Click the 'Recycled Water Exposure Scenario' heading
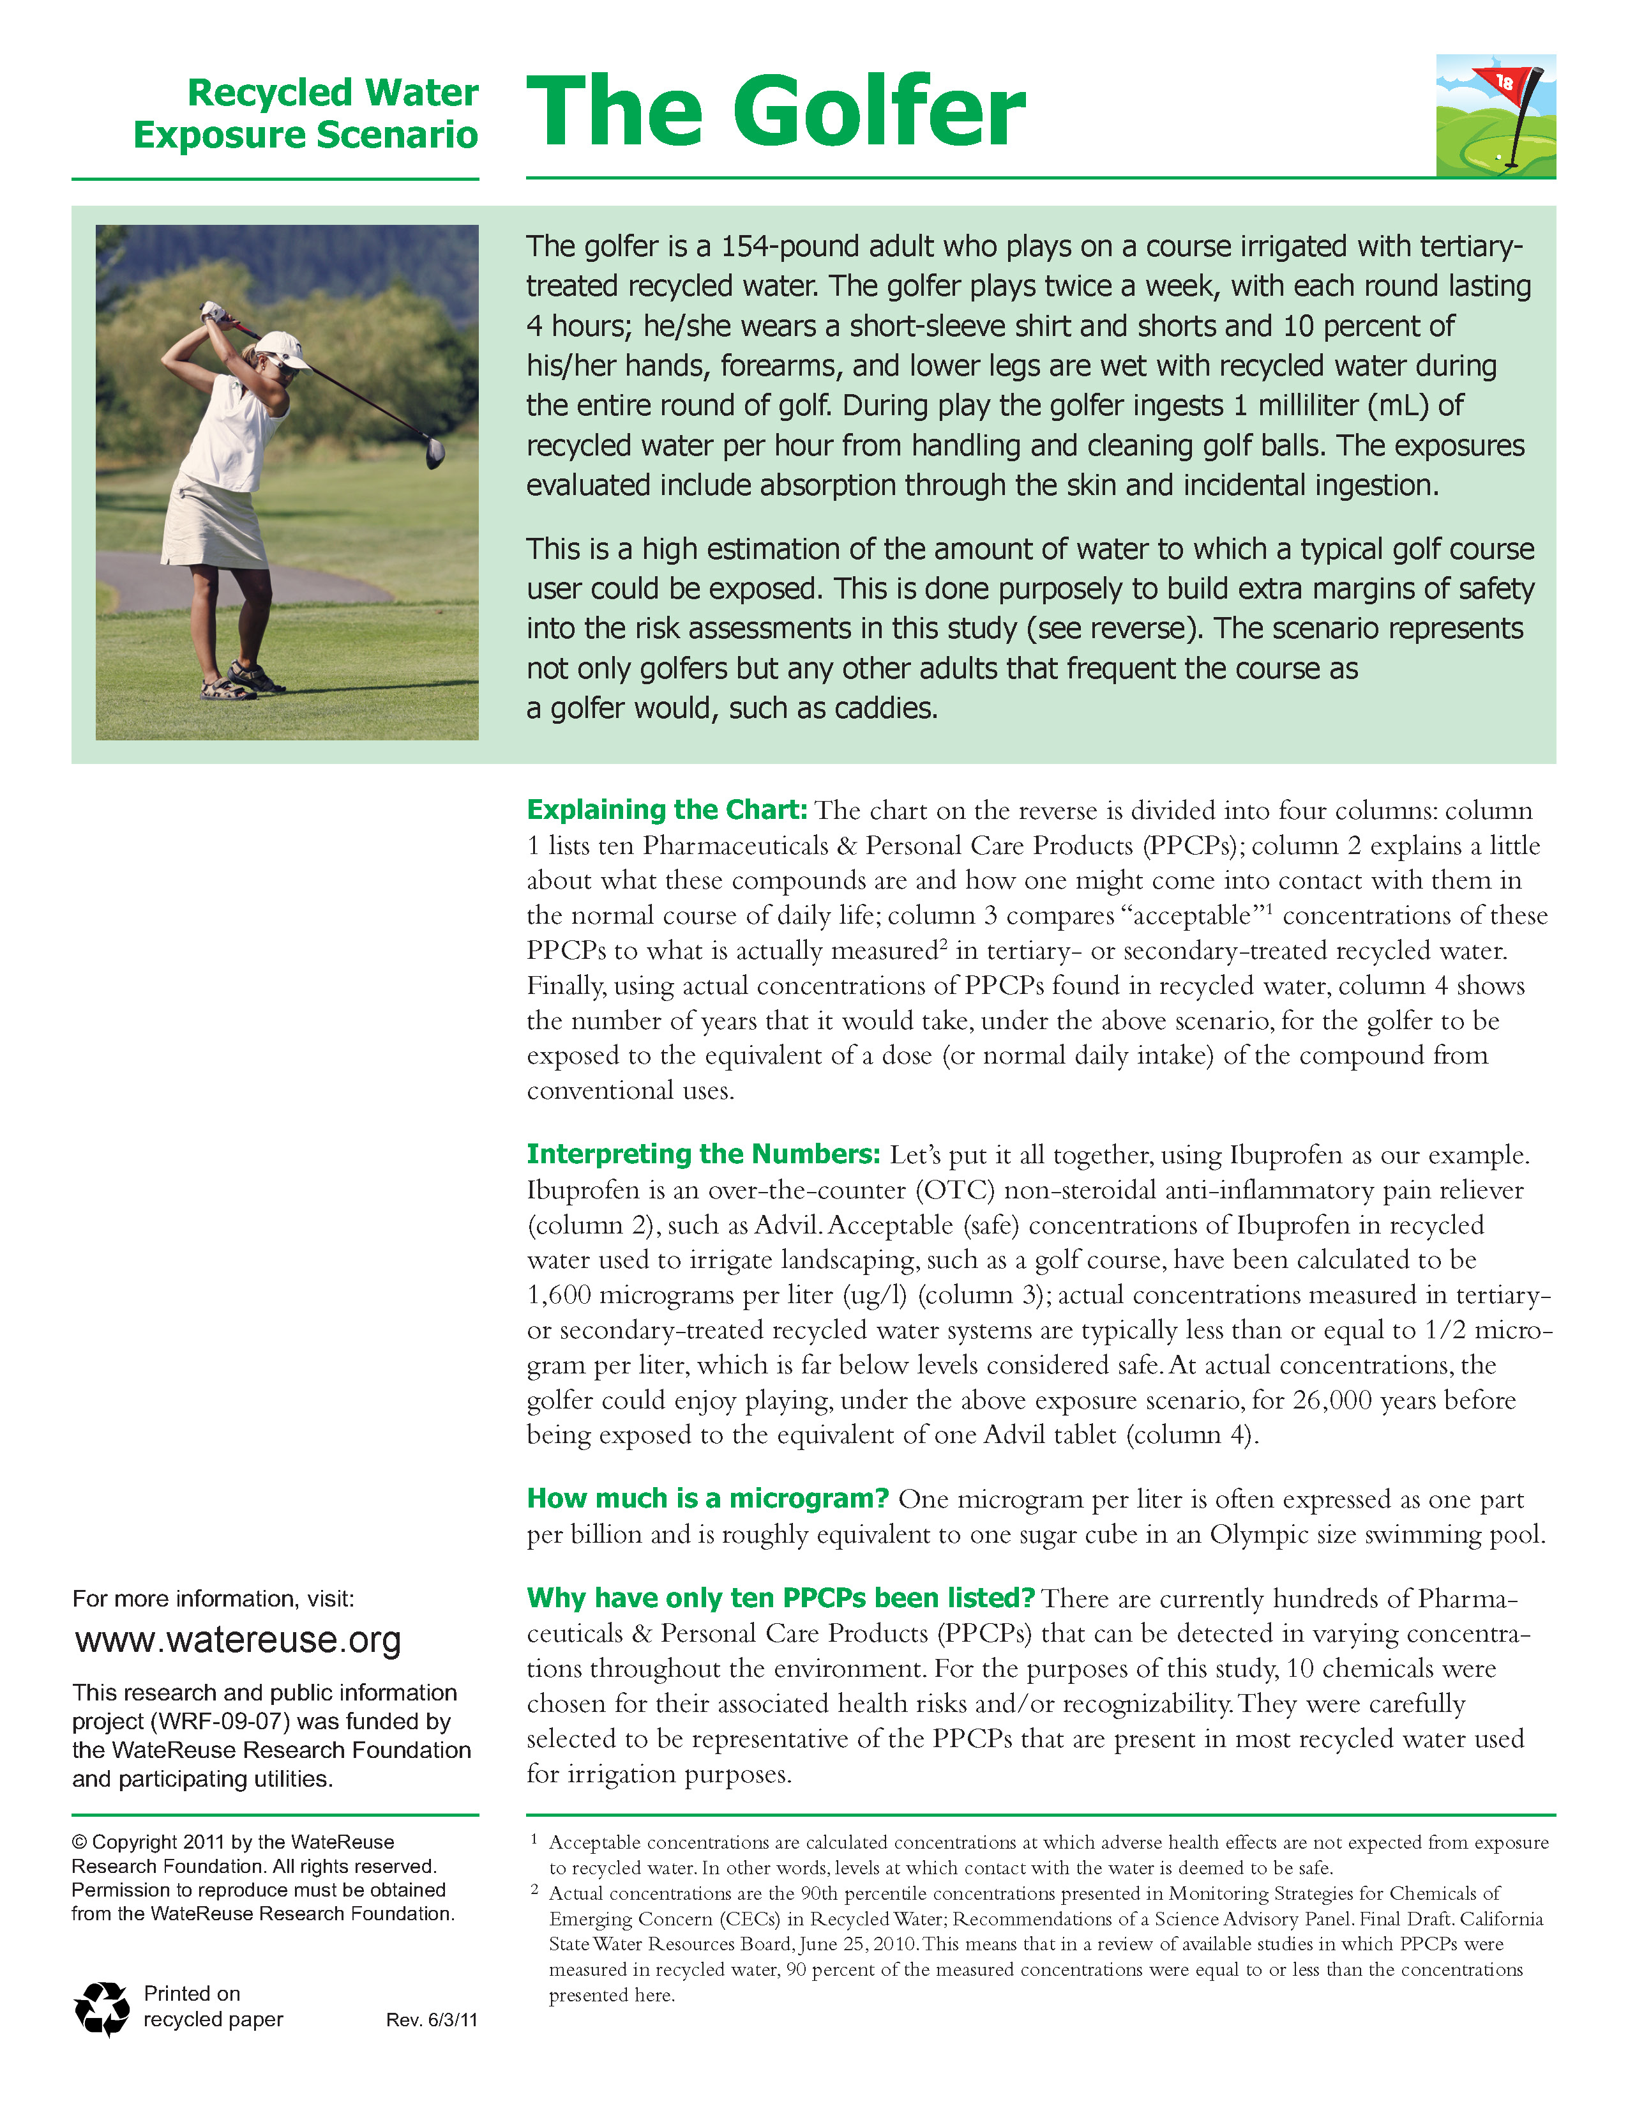(x=306, y=114)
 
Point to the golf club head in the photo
(x=435, y=452)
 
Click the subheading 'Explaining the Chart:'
(x=667, y=810)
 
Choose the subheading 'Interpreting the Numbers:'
(x=703, y=1154)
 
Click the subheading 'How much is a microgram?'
(x=708, y=1499)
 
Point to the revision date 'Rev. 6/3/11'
(x=432, y=2020)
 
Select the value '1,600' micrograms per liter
(x=559, y=1295)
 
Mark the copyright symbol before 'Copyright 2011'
(x=79, y=1842)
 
